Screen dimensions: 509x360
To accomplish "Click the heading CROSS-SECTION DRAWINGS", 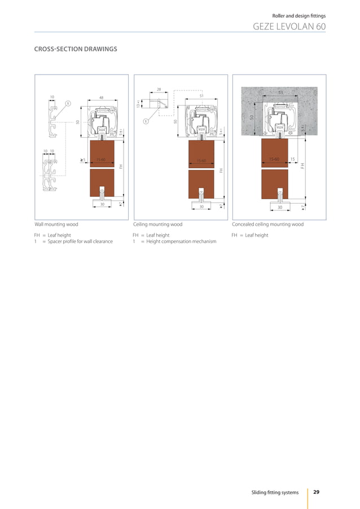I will [x=76, y=49].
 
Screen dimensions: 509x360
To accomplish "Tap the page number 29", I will [x=316, y=493].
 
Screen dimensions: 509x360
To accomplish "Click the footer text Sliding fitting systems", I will [x=275, y=493].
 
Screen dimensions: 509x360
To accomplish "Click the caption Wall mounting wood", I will [x=56, y=224].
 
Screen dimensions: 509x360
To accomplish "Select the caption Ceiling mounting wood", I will [x=157, y=224].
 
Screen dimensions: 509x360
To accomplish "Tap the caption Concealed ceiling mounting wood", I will [x=267, y=224].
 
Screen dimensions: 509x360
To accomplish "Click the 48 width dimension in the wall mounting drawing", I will [x=102, y=98].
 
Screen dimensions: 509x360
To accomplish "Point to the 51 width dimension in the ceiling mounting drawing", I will [x=201, y=96].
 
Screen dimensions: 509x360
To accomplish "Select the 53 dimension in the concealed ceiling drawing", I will [x=280, y=91].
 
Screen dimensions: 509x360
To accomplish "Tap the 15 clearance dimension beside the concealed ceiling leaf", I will [x=292, y=159].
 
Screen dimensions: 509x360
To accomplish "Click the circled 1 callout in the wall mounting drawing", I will [x=67, y=103].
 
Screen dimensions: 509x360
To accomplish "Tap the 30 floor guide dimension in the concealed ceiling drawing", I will [x=279, y=207].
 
